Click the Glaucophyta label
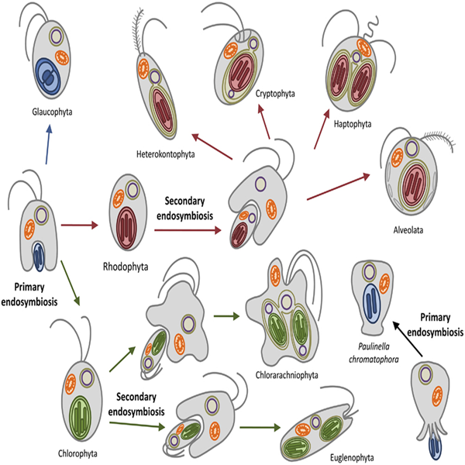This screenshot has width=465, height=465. tap(53, 111)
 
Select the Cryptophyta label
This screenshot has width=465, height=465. tap(275, 94)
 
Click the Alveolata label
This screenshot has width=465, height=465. tap(416, 229)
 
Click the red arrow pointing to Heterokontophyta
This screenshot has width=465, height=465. tap(213, 146)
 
